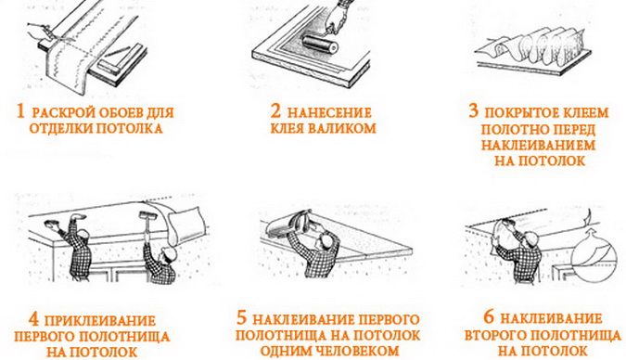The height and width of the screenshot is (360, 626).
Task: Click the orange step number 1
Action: point(20,111)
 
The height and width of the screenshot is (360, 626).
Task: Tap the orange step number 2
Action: point(275,111)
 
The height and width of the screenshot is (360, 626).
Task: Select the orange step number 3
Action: point(474,110)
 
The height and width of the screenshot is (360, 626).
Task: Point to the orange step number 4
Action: point(34,319)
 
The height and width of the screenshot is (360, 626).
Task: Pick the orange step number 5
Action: point(242,318)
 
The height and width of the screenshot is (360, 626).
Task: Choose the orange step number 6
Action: point(489,316)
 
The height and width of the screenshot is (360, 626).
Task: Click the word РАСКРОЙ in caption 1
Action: point(64,112)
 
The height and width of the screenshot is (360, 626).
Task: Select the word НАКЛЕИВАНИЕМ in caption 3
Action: point(538,145)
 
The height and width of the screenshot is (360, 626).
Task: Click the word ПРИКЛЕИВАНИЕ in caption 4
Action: point(100,320)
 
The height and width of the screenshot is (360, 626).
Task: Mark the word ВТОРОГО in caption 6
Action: point(495,335)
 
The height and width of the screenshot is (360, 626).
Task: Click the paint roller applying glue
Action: point(319,44)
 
